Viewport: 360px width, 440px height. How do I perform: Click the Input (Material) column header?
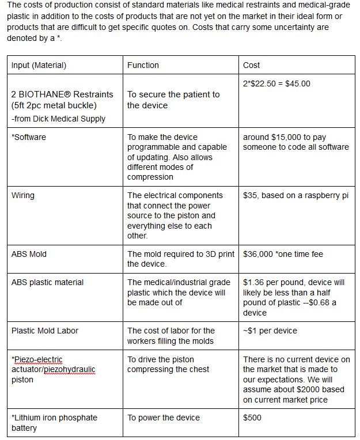[x=39, y=65]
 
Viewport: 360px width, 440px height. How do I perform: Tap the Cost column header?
[x=251, y=65]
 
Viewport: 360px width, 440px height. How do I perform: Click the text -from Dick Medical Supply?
[x=58, y=119]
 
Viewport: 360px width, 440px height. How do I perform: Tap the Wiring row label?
[x=23, y=195]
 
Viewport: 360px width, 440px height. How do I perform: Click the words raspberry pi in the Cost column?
[x=327, y=195]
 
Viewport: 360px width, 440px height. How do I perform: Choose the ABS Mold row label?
[x=29, y=254]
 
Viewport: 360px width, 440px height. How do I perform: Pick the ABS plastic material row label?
[x=47, y=282]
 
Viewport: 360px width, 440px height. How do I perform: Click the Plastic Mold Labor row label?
[x=45, y=331]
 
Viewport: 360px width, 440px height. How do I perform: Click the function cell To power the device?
[x=164, y=418]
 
